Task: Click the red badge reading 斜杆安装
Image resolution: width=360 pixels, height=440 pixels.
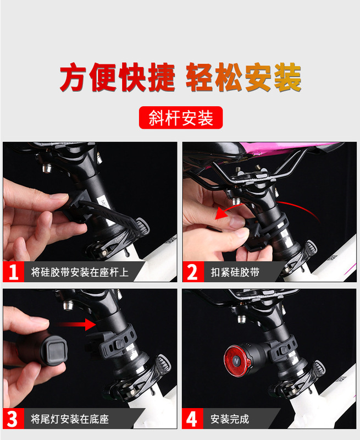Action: (x=181, y=118)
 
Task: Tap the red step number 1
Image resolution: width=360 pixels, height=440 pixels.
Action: (x=13, y=272)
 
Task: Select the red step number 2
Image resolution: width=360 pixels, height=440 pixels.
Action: (x=192, y=272)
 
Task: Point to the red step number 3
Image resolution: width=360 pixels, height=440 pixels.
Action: (x=13, y=419)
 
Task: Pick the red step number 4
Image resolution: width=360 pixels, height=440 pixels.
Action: (x=192, y=419)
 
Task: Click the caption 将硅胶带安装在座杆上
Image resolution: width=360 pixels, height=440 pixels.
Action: (x=80, y=272)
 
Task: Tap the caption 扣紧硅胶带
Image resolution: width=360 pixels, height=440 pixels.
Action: (x=235, y=272)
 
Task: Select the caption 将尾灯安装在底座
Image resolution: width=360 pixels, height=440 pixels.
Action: (x=70, y=419)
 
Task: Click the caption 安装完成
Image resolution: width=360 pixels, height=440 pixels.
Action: (x=230, y=419)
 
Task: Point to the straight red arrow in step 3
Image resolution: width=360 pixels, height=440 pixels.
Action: (x=75, y=324)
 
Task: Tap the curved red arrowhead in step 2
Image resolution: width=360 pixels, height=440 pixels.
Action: (x=221, y=214)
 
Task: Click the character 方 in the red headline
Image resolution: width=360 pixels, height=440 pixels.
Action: (x=73, y=77)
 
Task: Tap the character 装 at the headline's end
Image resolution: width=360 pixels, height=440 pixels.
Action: (x=287, y=77)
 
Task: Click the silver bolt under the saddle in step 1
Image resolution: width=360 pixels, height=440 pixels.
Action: (x=47, y=168)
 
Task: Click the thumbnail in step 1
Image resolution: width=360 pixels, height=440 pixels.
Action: (x=60, y=196)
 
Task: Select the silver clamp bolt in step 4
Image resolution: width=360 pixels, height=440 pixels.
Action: (x=241, y=319)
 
